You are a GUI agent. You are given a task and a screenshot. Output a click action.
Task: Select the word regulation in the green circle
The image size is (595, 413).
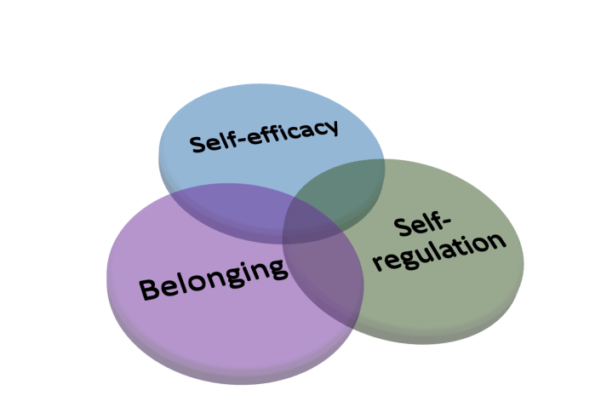(439, 250)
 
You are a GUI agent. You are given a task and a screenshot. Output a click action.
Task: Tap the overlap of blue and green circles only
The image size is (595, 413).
(340, 183)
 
